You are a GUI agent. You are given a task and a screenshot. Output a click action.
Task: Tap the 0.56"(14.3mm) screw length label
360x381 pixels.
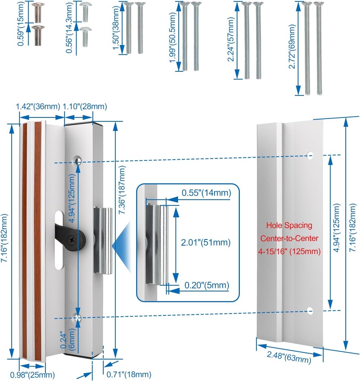[69, 28]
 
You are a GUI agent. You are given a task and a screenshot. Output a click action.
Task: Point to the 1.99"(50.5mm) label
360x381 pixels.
[173, 36]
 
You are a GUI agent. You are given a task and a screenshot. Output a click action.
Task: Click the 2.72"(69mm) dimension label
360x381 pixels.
[293, 47]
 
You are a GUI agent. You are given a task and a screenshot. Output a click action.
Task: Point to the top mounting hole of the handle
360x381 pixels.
[78, 160]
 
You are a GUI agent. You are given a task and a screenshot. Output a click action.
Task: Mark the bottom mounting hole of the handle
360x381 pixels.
[78, 317]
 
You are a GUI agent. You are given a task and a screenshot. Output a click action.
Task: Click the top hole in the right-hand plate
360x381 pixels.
[309, 155]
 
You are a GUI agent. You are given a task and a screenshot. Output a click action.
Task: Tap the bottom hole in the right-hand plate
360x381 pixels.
[310, 311]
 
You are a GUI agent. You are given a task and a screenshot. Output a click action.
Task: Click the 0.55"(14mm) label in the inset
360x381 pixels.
[206, 193]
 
